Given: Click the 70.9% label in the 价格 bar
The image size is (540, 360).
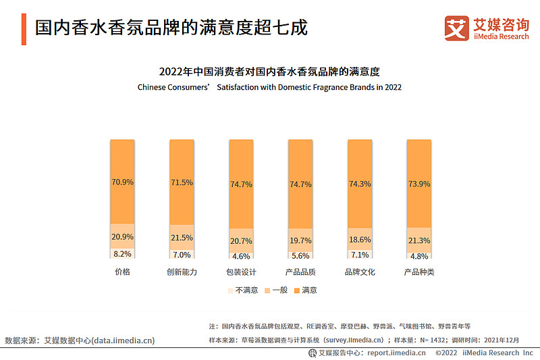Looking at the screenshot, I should coord(122,182).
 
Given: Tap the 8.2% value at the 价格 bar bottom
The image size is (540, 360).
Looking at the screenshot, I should coord(122,254).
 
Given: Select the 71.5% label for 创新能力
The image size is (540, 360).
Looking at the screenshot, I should coord(182,183).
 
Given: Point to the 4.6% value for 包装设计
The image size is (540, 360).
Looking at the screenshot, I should coord(241,257).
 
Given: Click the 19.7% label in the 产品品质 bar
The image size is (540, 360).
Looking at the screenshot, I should coord(300,240).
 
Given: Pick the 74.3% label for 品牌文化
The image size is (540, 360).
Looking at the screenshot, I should coord(359,184).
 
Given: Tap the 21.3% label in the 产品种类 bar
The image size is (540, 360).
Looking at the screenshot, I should coord(418,241).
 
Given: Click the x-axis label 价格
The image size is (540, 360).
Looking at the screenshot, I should coord(122,272).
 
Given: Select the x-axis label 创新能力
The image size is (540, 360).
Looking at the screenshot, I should coord(182,272).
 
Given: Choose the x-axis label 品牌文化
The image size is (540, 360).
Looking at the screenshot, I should coord(359,272).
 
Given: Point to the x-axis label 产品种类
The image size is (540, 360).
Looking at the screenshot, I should coord(418,272).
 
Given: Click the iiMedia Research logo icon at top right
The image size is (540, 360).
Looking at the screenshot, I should coord(456,28).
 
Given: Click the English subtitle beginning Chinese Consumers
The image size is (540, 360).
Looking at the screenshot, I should coord(269,87).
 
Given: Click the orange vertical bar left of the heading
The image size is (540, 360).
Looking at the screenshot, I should coord(24,30).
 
